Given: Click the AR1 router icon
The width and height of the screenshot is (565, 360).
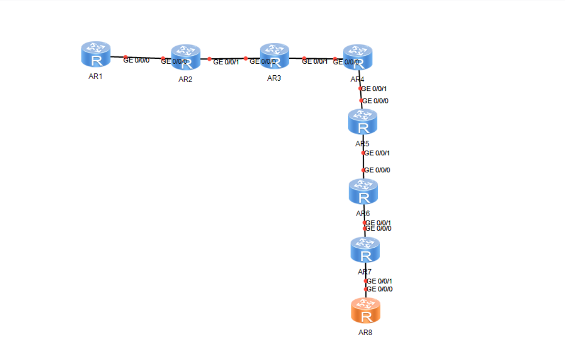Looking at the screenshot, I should (96, 54).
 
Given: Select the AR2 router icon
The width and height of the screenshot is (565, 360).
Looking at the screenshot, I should (185, 57).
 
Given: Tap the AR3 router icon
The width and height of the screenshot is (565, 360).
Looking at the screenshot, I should (274, 56).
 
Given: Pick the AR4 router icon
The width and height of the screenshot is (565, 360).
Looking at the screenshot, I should (357, 57).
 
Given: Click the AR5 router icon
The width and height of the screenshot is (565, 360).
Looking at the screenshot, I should (362, 122).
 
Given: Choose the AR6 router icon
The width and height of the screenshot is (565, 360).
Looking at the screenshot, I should (363, 191).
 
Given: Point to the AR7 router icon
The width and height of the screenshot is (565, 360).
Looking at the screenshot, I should (365, 250).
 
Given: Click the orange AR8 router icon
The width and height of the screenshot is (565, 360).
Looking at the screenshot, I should (366, 311).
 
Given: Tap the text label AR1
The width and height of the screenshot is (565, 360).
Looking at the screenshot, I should (96, 76).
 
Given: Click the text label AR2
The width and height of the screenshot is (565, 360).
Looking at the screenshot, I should (185, 80).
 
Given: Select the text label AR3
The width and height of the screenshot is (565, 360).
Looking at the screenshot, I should (274, 79).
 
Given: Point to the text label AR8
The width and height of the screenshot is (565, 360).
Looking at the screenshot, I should (366, 333).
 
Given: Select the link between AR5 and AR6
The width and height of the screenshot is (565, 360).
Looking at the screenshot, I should (363, 162).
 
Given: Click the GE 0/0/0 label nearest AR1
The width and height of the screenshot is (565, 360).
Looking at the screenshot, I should (137, 61).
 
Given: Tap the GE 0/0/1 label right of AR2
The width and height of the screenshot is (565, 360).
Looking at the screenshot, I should (226, 62).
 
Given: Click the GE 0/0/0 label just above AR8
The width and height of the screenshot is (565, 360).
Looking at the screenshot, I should (380, 289).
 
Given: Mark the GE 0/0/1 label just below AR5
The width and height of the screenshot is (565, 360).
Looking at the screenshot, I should (377, 153).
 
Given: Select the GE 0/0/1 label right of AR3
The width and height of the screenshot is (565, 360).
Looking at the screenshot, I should (315, 61).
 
